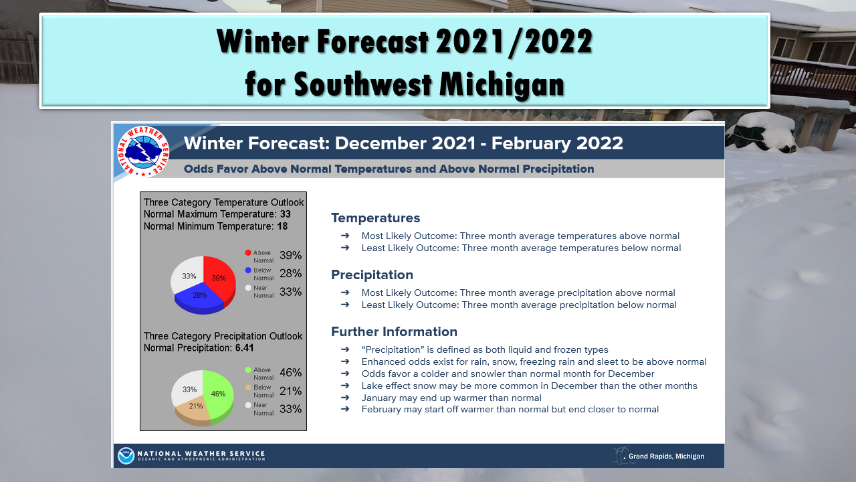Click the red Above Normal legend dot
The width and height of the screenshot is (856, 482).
click(248, 252)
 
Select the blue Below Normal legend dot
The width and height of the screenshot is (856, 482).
click(248, 270)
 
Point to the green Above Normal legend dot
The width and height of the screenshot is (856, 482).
click(248, 370)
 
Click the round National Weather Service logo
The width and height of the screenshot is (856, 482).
click(143, 151)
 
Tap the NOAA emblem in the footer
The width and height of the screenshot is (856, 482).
click(126, 456)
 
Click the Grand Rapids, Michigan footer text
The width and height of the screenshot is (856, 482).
click(666, 457)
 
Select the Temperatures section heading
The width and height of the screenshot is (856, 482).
click(375, 218)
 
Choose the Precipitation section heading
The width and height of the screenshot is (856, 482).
click(372, 274)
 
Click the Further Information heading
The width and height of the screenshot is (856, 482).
click(394, 331)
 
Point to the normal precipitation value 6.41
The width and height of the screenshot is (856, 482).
click(245, 348)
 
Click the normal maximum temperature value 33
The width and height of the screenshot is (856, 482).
click(285, 214)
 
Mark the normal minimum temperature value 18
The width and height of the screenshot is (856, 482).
click(282, 226)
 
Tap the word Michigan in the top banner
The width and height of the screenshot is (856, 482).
click(502, 84)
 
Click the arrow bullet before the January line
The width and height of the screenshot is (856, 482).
click(345, 398)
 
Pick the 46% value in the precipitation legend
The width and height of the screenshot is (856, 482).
click(291, 373)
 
